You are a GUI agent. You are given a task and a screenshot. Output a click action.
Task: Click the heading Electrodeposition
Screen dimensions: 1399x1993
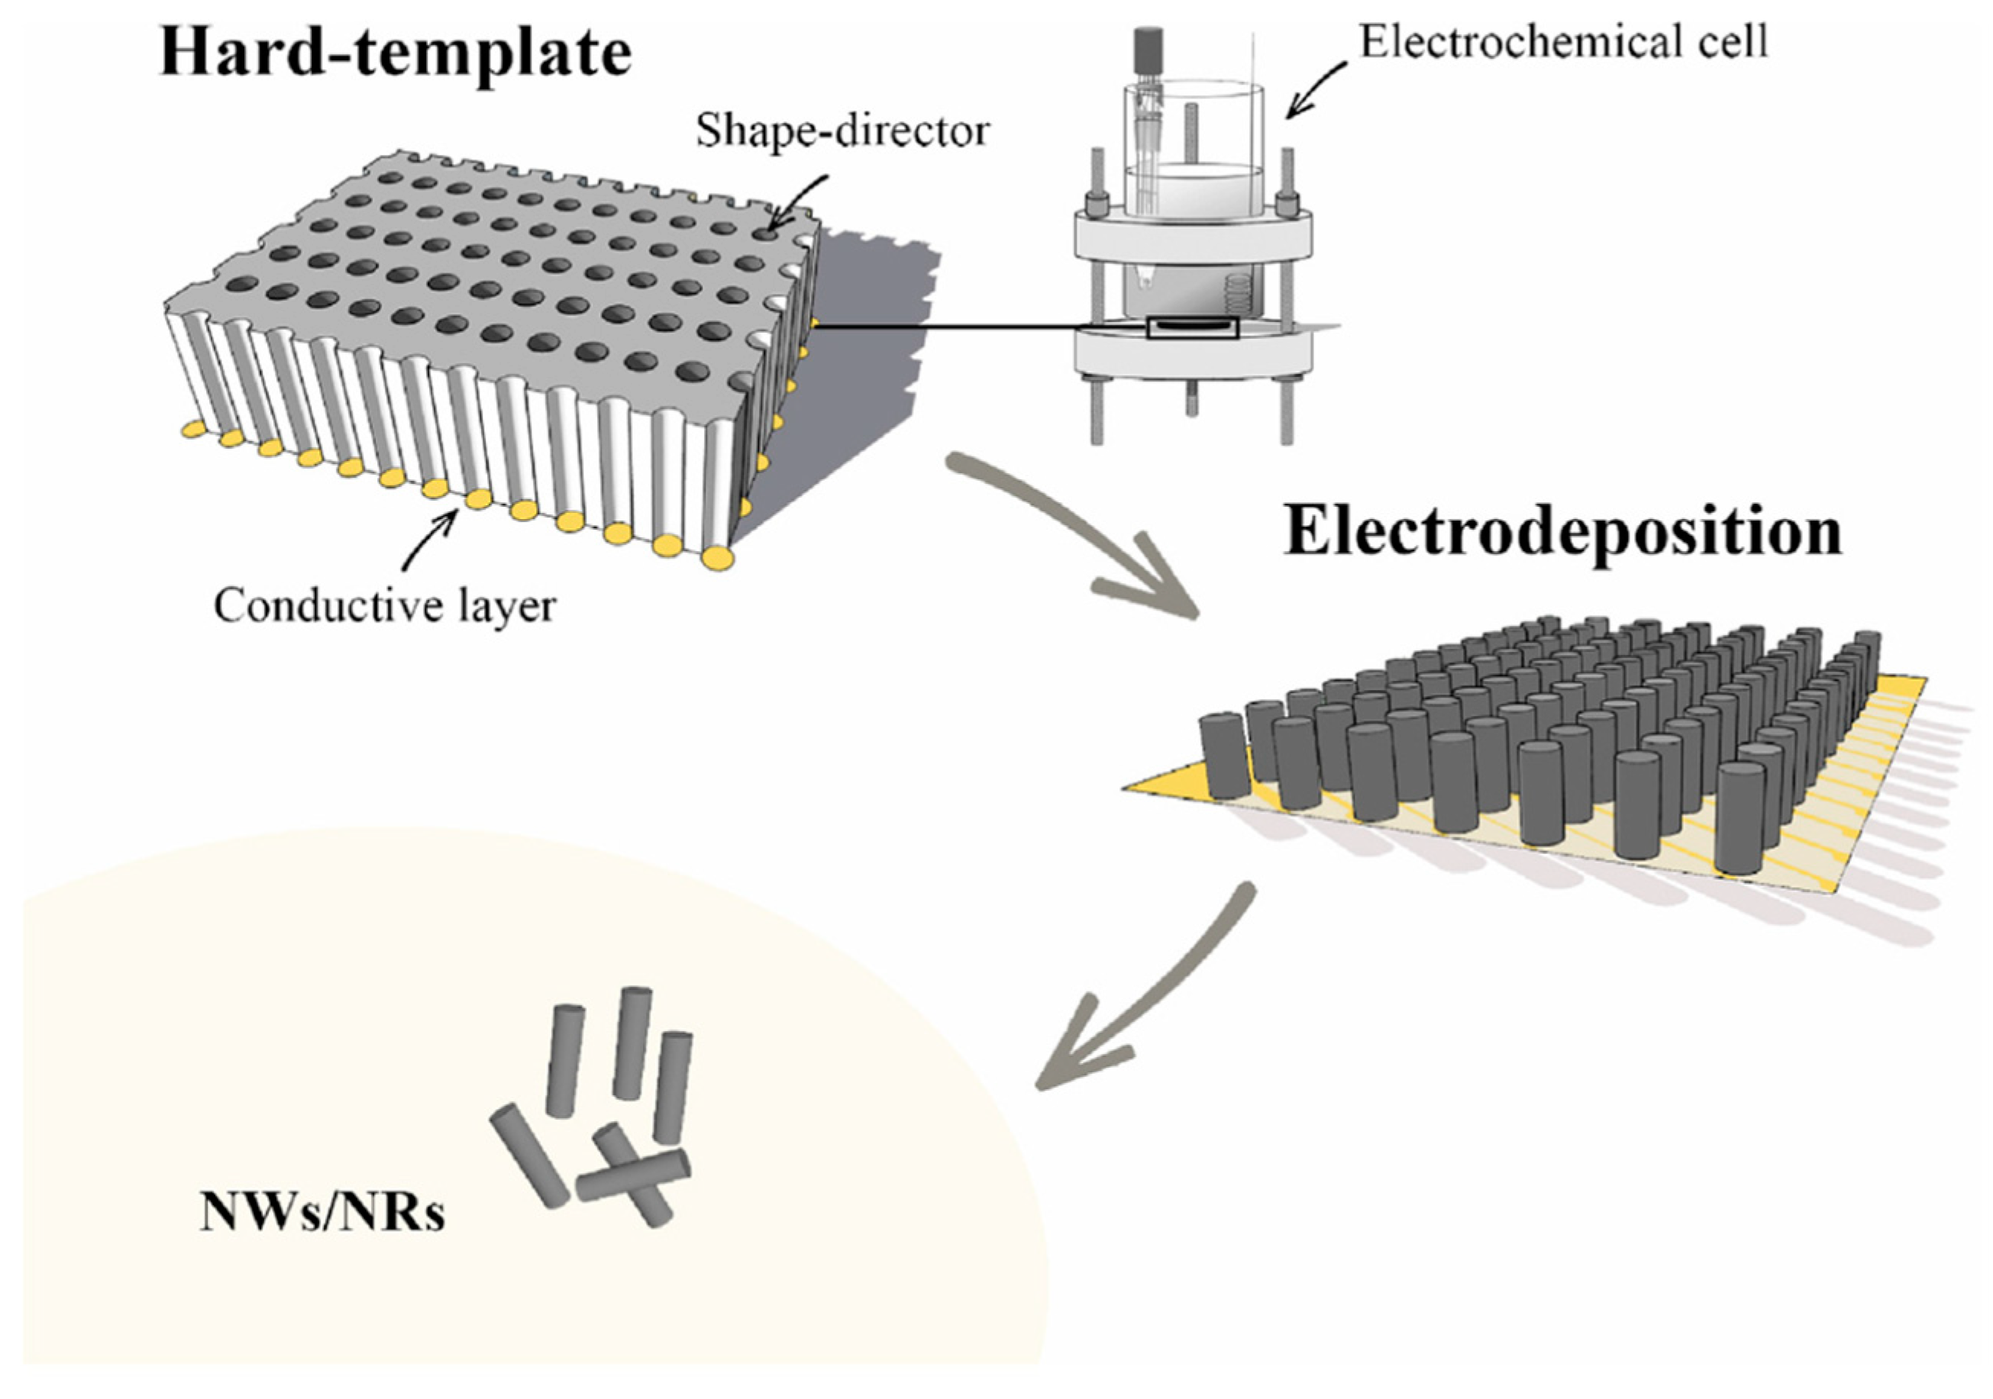pyautogui.click(x=1562, y=531)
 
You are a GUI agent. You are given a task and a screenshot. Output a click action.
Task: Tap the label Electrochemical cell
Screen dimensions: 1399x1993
pyautogui.click(x=1562, y=42)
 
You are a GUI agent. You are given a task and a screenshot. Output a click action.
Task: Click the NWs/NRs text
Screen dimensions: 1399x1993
pyautogui.click(x=322, y=1213)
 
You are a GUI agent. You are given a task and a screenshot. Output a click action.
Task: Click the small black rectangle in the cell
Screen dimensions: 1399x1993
pyautogui.click(x=1192, y=328)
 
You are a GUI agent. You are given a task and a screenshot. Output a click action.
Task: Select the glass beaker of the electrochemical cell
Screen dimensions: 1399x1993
pyautogui.click(x=1194, y=173)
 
